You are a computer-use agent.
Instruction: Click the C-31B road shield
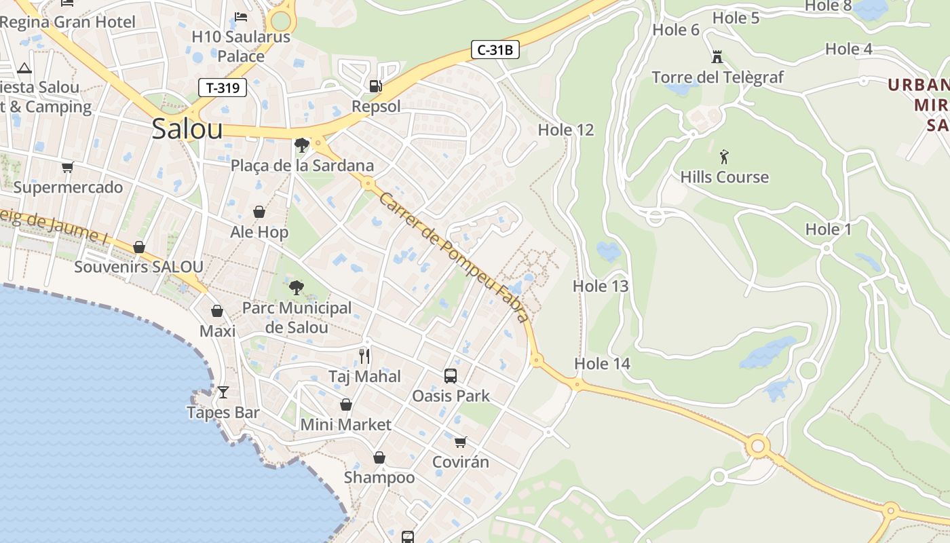point(495,50)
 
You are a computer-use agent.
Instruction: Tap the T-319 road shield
point(222,87)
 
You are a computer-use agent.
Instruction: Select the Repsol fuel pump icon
point(375,86)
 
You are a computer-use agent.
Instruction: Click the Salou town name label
point(187,128)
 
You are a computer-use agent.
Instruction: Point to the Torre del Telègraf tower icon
point(717,57)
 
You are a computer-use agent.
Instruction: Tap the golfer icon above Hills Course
point(724,157)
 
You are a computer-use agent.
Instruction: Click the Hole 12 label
point(566,130)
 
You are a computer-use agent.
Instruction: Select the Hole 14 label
point(603,364)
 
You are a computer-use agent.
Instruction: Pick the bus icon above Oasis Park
point(450,375)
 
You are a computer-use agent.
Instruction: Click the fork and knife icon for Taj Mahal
point(364,356)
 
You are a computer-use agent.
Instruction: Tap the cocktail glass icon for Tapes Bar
point(223,392)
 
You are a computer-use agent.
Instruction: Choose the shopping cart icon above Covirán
point(461,443)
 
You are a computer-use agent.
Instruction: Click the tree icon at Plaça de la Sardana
point(302,145)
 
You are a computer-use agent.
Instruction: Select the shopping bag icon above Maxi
point(217,311)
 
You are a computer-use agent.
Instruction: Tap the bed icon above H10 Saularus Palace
point(241,16)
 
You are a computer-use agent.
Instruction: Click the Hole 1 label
point(828,229)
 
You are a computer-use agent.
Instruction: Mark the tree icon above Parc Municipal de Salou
point(297,288)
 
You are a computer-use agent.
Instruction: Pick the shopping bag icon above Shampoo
point(379,457)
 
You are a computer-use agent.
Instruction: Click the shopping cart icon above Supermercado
point(67,167)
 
